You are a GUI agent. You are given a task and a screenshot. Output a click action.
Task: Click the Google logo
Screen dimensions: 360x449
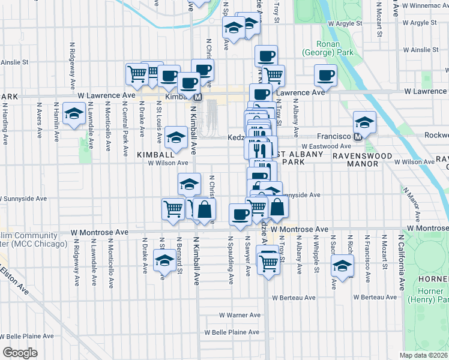tap(20, 353)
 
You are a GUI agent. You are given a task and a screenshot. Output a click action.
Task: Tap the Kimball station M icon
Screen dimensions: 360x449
tap(197, 97)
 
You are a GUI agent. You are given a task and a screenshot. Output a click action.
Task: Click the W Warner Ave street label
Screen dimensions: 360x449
tap(240, 315)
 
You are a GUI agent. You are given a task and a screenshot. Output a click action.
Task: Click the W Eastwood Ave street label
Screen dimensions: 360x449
tap(326, 146)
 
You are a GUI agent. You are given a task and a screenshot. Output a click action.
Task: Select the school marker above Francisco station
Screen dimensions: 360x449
tap(364, 122)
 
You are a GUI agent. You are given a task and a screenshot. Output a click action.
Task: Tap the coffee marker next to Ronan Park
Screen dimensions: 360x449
tap(326, 75)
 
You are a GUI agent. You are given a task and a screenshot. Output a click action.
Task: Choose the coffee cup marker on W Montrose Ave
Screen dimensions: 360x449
tap(241, 214)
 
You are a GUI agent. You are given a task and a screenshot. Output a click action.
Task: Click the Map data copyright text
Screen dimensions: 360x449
tap(424, 355)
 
